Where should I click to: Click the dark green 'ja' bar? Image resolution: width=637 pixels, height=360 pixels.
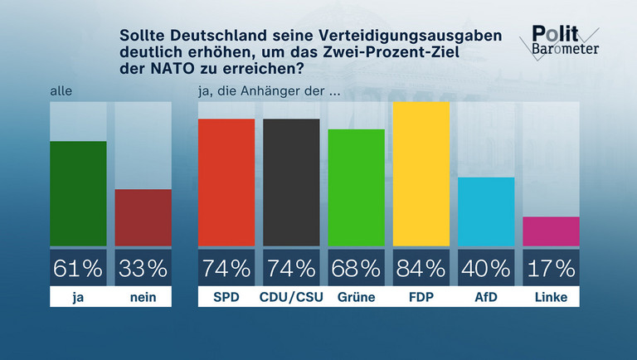pyautogui.click(x=79, y=193)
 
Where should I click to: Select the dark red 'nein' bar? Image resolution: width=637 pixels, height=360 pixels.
pyautogui.click(x=143, y=217)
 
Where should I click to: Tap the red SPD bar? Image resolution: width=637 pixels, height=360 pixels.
pyautogui.click(x=226, y=182)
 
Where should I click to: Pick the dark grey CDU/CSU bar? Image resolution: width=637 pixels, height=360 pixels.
pyautogui.click(x=291, y=182)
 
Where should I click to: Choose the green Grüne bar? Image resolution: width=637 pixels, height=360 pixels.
pyautogui.click(x=357, y=187)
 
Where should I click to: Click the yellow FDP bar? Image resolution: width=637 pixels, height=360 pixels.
pyautogui.click(x=421, y=174)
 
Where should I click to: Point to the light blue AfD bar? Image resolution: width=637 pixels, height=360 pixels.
pyautogui.click(x=486, y=212)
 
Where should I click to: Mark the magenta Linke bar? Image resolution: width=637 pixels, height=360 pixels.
pyautogui.click(x=552, y=231)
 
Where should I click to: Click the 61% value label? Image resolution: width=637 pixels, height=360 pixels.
pyautogui.click(x=79, y=268)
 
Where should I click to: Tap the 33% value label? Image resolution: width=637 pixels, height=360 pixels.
pyautogui.click(x=143, y=268)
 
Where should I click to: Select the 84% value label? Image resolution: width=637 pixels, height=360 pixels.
pyautogui.click(x=421, y=268)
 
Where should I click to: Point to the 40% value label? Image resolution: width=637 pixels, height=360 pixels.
pyautogui.click(x=486, y=268)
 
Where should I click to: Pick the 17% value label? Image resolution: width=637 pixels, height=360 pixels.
pyautogui.click(x=552, y=268)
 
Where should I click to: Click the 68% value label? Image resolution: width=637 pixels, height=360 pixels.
pyautogui.click(x=357, y=268)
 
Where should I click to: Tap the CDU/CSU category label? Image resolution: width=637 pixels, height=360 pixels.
pyautogui.click(x=291, y=297)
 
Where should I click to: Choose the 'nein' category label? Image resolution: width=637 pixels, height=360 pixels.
pyautogui.click(x=143, y=297)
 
